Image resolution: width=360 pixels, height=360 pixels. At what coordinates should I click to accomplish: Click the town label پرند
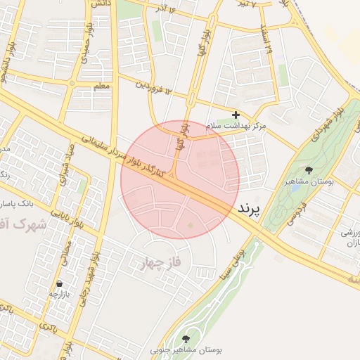(249, 210)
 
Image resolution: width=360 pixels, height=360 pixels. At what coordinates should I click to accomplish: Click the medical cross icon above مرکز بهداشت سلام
(236, 114)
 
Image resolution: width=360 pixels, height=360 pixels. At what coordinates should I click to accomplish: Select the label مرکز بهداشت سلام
(236, 125)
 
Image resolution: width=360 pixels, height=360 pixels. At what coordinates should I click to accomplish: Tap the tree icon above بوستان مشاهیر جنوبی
(186, 338)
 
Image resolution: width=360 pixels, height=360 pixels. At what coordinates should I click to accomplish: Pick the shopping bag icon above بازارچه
(58, 284)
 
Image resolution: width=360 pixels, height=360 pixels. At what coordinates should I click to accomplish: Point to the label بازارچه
(58, 294)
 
